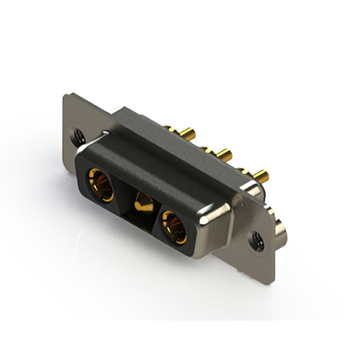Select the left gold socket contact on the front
100,186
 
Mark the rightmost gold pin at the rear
260,175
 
